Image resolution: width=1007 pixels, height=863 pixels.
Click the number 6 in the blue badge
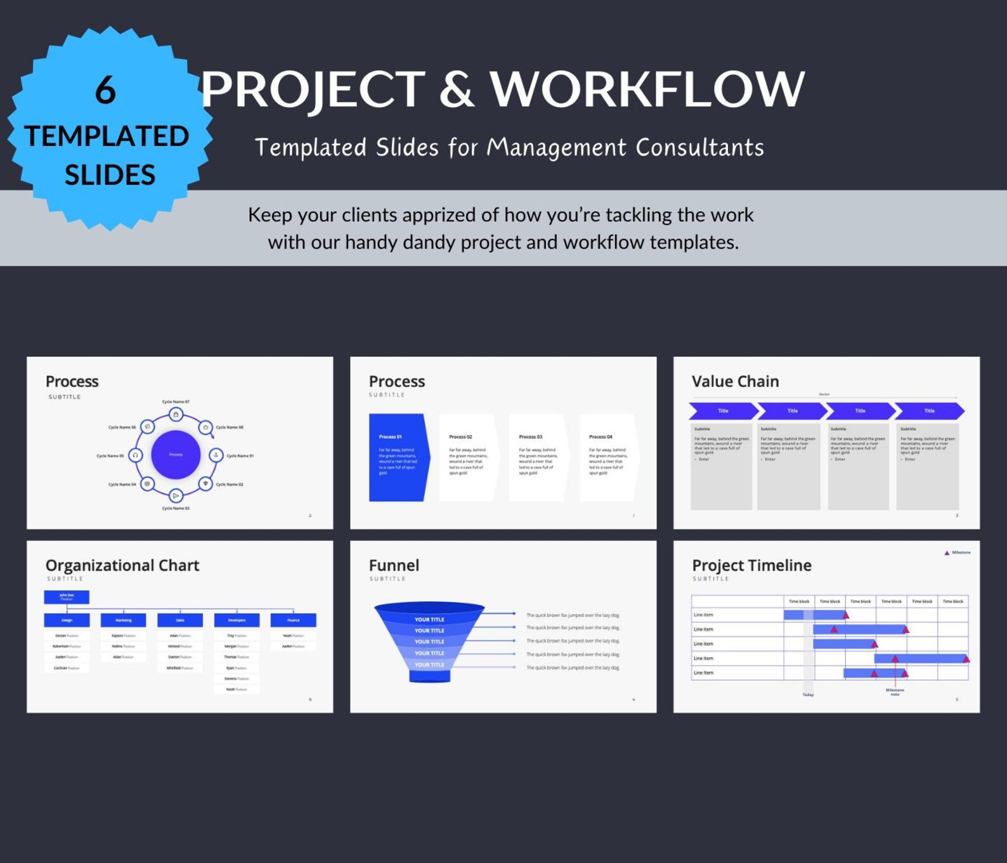[x=105, y=90]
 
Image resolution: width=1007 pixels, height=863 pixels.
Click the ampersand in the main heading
[x=456, y=89]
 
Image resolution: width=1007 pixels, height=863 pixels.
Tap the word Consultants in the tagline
[x=699, y=148]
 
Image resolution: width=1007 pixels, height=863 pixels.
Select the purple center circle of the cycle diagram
[x=176, y=455]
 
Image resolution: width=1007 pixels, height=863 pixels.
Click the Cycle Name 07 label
[x=176, y=402]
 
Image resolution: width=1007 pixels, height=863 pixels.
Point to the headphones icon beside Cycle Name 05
[x=135, y=455]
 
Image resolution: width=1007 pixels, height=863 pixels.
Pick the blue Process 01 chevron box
[x=398, y=457]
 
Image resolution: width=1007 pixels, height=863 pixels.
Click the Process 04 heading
[x=601, y=437]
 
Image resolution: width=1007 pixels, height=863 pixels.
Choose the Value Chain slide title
[x=735, y=382]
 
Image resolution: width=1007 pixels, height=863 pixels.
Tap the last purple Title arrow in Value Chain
[x=929, y=411]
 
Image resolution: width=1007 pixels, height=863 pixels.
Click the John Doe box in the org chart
[x=67, y=597]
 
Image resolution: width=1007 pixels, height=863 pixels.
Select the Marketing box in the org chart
[x=123, y=620]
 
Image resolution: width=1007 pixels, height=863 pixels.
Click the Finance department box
[x=293, y=620]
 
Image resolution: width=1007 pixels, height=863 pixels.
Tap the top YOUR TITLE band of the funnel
[x=429, y=620]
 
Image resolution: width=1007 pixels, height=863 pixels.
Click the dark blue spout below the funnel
[x=429, y=677]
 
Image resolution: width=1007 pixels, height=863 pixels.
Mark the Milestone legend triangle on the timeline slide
[x=947, y=553]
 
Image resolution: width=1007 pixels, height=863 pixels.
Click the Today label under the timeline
[x=808, y=695]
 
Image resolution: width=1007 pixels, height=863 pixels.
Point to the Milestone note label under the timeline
[x=895, y=692]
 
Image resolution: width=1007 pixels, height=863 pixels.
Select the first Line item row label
[x=703, y=615]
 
